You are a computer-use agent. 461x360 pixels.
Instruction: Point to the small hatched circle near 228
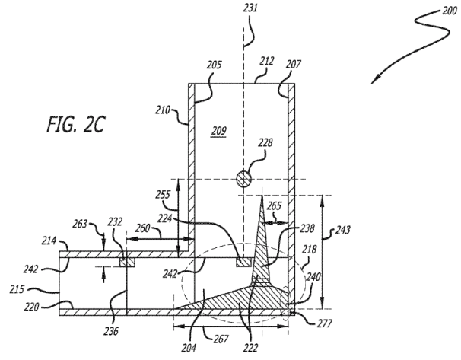(x=243, y=180)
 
